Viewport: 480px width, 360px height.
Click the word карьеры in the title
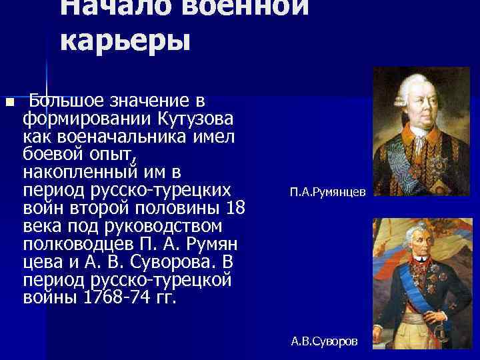[125, 41]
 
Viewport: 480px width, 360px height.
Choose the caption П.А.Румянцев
[327, 191]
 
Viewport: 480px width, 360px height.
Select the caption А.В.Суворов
[324, 341]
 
